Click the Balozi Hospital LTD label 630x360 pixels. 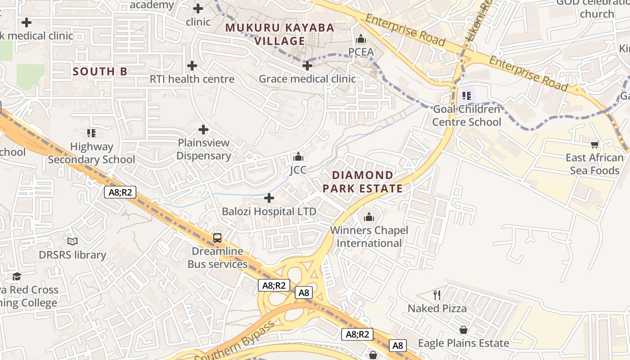pyautogui.click(x=269, y=211)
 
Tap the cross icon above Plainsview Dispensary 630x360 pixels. pyautogui.click(x=203, y=130)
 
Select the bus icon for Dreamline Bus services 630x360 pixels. pyautogui.click(x=217, y=238)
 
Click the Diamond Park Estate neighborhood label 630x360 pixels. pyautogui.click(x=363, y=182)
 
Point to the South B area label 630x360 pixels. pyautogui.click(x=100, y=72)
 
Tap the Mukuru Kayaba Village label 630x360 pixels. pyautogui.click(x=280, y=34)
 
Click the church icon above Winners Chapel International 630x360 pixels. pyautogui.click(x=369, y=217)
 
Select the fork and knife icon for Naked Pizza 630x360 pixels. pyautogui.click(x=437, y=295)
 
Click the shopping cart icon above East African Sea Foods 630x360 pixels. pyautogui.click(x=595, y=144)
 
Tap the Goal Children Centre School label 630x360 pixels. pyautogui.click(x=467, y=116)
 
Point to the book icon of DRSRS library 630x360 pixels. pyautogui.click(x=72, y=242)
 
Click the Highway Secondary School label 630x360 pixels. pyautogui.click(x=91, y=153)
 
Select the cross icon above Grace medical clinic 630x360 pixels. pyautogui.click(x=307, y=66)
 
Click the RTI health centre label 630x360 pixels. pyautogui.click(x=192, y=79)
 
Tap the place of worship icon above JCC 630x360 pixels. pyautogui.click(x=298, y=157)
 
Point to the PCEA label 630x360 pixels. pyautogui.click(x=361, y=52)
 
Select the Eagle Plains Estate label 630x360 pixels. pyautogui.click(x=463, y=343)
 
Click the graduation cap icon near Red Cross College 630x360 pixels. pyautogui.click(x=17, y=276)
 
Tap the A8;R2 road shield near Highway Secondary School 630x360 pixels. pyautogui.click(x=120, y=193)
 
